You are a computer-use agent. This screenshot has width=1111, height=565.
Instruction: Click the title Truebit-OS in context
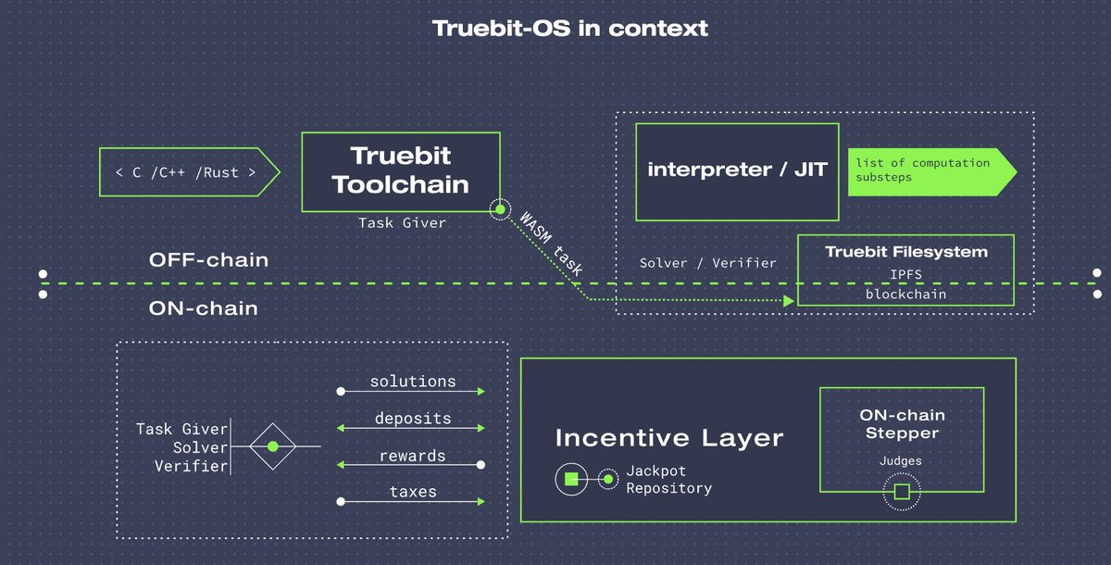point(569,28)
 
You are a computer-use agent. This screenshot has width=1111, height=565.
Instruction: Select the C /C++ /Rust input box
point(186,172)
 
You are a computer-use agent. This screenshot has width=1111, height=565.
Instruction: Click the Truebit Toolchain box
point(400,170)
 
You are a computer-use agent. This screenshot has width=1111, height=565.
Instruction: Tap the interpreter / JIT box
point(737,170)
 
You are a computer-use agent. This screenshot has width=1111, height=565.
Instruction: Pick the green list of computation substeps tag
point(926,170)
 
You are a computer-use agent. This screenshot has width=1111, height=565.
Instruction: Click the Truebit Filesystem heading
point(905,252)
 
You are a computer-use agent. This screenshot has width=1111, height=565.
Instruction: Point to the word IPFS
point(905,275)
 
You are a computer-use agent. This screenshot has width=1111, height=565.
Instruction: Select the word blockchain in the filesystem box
point(905,294)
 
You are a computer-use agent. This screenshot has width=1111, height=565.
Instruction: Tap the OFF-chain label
point(208,260)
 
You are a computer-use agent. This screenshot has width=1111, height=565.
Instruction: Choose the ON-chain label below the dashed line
point(203,308)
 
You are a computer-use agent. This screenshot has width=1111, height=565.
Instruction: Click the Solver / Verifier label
point(707,263)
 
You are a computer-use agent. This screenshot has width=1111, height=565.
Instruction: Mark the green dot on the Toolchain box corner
point(500,210)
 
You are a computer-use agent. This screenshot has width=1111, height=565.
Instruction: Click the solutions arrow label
point(412,382)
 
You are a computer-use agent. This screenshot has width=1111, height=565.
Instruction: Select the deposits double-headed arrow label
point(412,419)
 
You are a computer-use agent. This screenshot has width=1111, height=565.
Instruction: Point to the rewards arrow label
point(412,456)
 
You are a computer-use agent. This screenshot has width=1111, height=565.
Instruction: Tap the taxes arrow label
point(412,493)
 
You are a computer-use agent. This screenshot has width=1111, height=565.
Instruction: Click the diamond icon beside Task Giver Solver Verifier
point(272,446)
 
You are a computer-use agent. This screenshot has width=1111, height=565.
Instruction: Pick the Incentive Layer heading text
point(668,438)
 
